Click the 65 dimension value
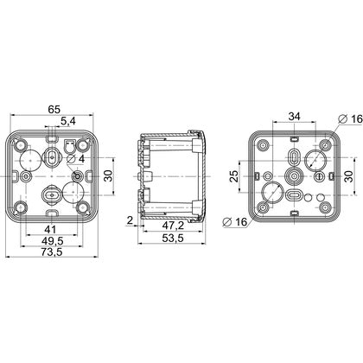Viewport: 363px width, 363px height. pos(54,110)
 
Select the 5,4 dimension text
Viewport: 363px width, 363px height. pos(68,122)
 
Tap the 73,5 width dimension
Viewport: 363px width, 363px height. pos(52,252)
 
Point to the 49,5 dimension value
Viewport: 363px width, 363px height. pos(52,240)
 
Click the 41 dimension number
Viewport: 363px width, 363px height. pos(50,230)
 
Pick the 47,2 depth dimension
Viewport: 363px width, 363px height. pos(172,226)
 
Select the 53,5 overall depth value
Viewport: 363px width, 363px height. pos(172,239)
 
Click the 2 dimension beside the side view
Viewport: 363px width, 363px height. pos(130,220)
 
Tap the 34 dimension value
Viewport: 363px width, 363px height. pos(295,117)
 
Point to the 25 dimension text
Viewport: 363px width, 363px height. pos(235,176)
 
